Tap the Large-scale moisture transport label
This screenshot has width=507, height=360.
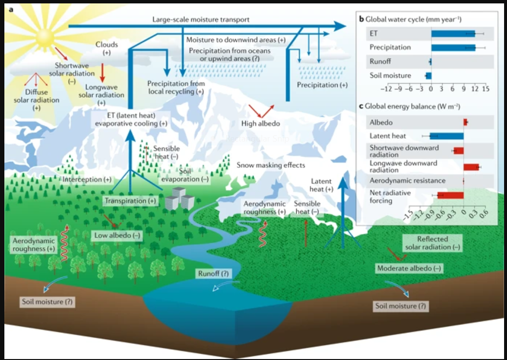201,19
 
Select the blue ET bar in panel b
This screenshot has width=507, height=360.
453,34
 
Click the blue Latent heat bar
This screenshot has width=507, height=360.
447,136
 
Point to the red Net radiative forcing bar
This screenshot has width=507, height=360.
451,195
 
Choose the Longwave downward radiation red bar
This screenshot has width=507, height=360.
471,167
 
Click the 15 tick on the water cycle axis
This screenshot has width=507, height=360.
486,89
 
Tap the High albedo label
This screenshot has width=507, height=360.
261,124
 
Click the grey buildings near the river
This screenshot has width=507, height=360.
180,198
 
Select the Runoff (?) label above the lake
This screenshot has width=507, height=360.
214,274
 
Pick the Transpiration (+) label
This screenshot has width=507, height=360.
130,201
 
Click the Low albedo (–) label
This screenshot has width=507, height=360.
117,235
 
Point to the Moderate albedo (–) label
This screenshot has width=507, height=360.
409,268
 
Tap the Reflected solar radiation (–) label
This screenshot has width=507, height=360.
432,243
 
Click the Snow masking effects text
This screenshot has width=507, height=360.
271,165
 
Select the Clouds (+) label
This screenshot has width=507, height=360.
107,49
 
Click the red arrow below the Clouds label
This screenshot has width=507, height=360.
103,72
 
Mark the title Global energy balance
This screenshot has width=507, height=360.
412,107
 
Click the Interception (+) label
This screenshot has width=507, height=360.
87,180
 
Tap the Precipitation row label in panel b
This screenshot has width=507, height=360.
390,48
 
